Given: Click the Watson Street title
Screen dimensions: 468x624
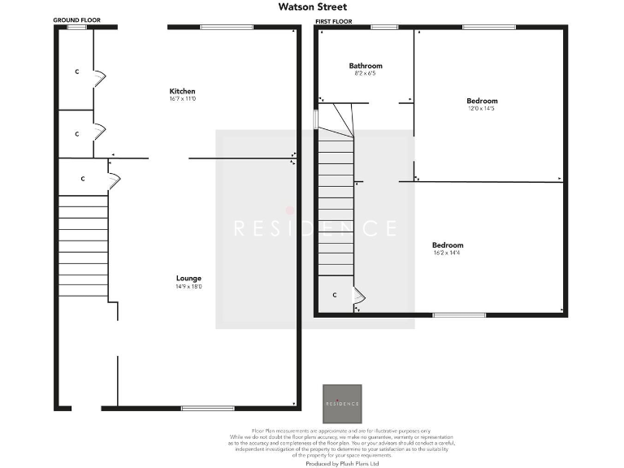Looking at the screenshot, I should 313,7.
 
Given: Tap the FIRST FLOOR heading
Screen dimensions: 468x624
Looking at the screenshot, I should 333,21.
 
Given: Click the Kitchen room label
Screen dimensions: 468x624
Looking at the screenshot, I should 182,90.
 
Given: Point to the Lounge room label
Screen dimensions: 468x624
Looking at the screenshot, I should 188,278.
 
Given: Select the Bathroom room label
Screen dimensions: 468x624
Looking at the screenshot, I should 366,66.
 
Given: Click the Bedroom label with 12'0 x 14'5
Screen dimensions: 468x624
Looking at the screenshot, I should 482,101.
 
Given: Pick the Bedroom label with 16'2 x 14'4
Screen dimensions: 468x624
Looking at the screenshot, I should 448,245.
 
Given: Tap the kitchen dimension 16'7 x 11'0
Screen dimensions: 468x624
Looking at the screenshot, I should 183,99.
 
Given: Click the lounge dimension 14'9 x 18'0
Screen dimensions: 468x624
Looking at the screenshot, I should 188,287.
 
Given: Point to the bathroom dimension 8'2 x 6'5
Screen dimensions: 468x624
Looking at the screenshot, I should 366,74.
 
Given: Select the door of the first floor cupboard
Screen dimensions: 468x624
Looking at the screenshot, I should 357,301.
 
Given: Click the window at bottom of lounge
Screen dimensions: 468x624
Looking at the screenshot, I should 201,408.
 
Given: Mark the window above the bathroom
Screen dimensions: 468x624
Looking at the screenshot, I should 384,28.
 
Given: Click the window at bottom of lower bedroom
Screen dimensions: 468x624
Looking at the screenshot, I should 448,315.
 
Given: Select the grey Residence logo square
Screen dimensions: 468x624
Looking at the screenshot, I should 342,404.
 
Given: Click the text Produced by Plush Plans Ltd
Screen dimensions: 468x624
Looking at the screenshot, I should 342,463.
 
